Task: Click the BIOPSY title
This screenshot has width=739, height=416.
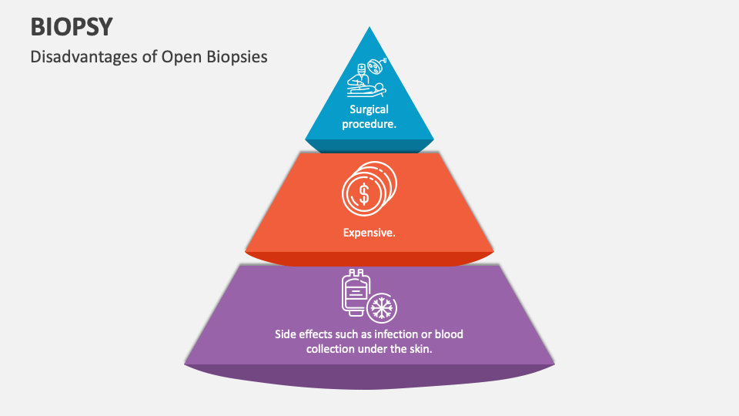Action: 72,26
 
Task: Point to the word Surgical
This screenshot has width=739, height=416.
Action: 369,109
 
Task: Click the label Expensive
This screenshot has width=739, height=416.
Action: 369,231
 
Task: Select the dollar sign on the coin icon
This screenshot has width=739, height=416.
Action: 364,192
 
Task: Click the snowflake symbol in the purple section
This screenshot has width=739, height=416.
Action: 380,308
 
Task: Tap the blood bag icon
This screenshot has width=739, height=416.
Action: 355,293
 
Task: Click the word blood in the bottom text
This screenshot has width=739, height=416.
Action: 448,334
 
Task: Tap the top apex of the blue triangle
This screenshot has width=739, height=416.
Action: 369,29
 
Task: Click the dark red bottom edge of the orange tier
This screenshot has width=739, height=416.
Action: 369,260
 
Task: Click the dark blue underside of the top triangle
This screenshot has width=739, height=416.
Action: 369,146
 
